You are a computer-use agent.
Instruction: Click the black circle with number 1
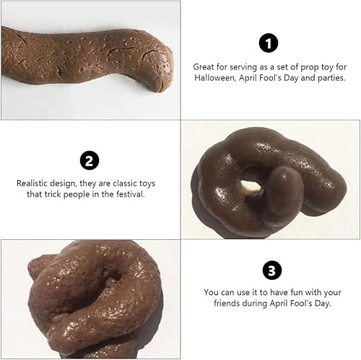point(269,44)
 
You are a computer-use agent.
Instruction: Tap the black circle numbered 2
point(88,160)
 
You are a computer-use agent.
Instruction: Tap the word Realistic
point(32,182)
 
